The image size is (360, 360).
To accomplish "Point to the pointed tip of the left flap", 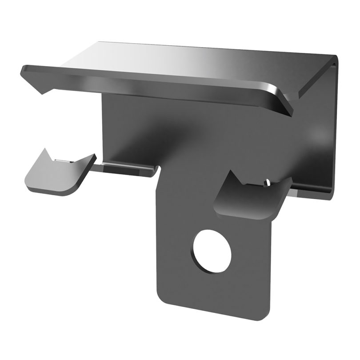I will point(46,150).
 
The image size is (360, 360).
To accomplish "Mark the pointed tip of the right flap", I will point(232,173).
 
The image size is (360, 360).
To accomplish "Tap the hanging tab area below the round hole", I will point(213,293).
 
